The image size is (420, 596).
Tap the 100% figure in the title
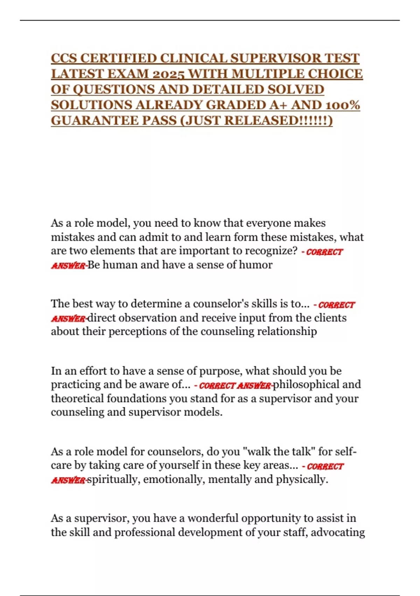tap(343, 105)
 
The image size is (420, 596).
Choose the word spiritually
tap(113, 479)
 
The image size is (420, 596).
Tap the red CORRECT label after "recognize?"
tap(324, 252)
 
